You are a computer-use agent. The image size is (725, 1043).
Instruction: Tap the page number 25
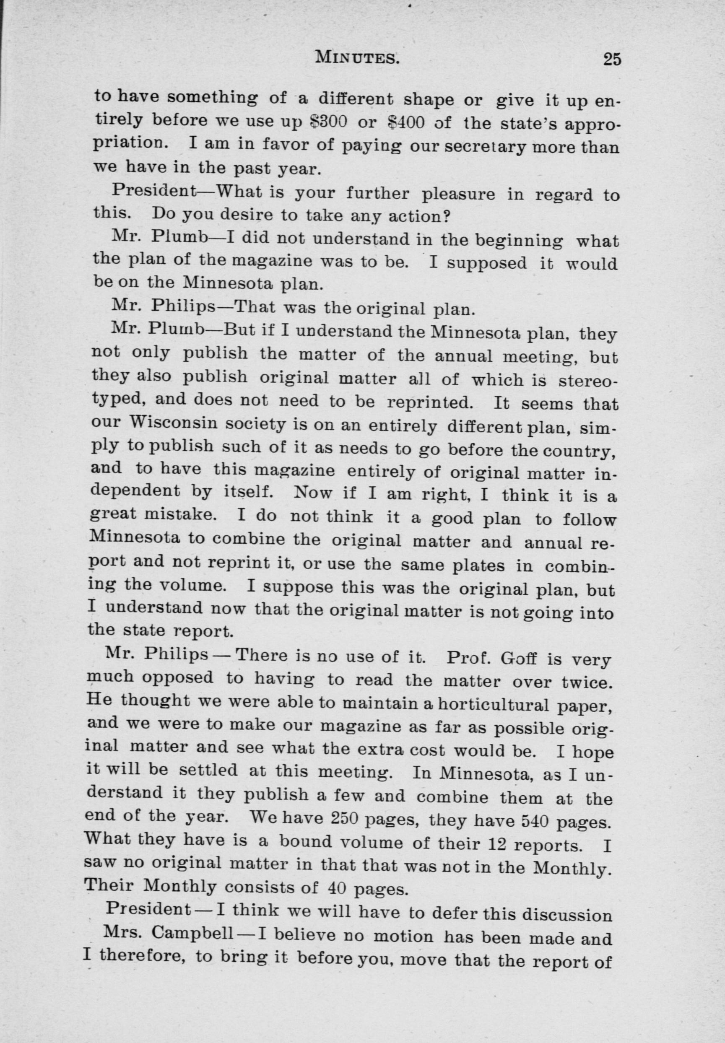612,60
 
